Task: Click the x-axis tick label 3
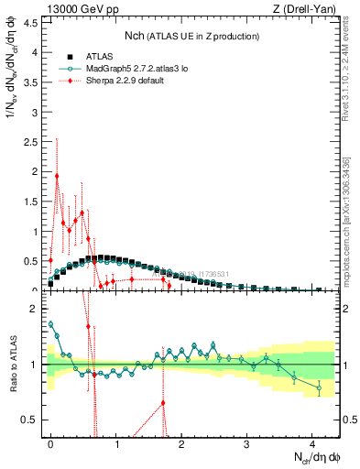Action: click(x=247, y=442)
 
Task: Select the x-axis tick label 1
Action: click(x=116, y=442)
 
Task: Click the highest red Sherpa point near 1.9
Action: click(x=57, y=176)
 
